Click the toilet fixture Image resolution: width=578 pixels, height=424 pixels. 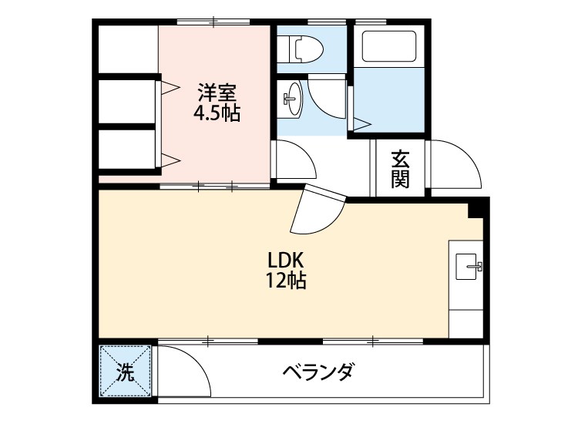coord(300,49)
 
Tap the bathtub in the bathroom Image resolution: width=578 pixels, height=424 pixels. coord(389,46)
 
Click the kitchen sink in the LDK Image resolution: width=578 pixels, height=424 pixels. coord(469,267)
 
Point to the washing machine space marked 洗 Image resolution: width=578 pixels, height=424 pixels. coord(126,371)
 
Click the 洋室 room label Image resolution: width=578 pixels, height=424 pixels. coord(217,93)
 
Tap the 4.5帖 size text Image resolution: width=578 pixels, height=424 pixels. coord(217,113)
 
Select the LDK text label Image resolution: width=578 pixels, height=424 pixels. coord(286,261)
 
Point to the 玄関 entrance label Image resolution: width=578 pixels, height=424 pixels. coord(400,169)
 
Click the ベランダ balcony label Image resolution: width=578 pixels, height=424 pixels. coord(319,372)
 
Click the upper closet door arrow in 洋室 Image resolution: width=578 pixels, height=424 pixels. coord(170,87)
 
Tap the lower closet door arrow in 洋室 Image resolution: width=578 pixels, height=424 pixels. coord(170,160)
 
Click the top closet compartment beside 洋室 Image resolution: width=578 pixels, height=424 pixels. coord(129,49)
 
